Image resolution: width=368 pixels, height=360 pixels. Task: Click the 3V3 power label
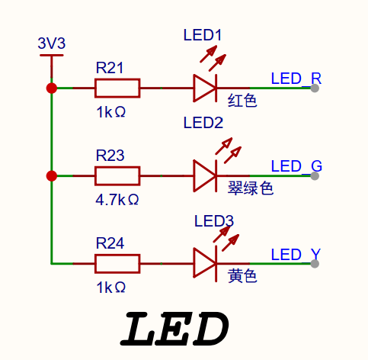52,43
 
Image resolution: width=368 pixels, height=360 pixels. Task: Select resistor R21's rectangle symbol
117,88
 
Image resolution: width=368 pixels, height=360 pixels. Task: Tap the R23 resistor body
117,176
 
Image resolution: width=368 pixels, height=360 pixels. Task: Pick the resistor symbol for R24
117,264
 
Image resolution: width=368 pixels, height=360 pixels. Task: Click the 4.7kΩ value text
117,200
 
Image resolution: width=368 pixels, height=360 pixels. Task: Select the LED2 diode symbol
205,176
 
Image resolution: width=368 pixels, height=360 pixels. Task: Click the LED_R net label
296,79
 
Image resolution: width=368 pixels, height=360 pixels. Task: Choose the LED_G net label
296,166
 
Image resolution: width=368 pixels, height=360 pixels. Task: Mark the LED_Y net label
296,254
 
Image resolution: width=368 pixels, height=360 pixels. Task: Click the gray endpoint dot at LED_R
315,88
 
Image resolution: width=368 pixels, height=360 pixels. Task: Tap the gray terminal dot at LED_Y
315,264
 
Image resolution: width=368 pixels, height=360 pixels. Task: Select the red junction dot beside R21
52,88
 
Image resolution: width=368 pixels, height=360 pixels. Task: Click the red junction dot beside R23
52,176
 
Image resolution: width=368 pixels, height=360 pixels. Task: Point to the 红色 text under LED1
242,100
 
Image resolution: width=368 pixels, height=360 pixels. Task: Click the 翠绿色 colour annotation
251,188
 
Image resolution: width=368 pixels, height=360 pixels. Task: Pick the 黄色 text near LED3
242,276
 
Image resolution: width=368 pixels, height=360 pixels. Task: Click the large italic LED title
174,329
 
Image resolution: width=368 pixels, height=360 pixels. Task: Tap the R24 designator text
110,243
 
